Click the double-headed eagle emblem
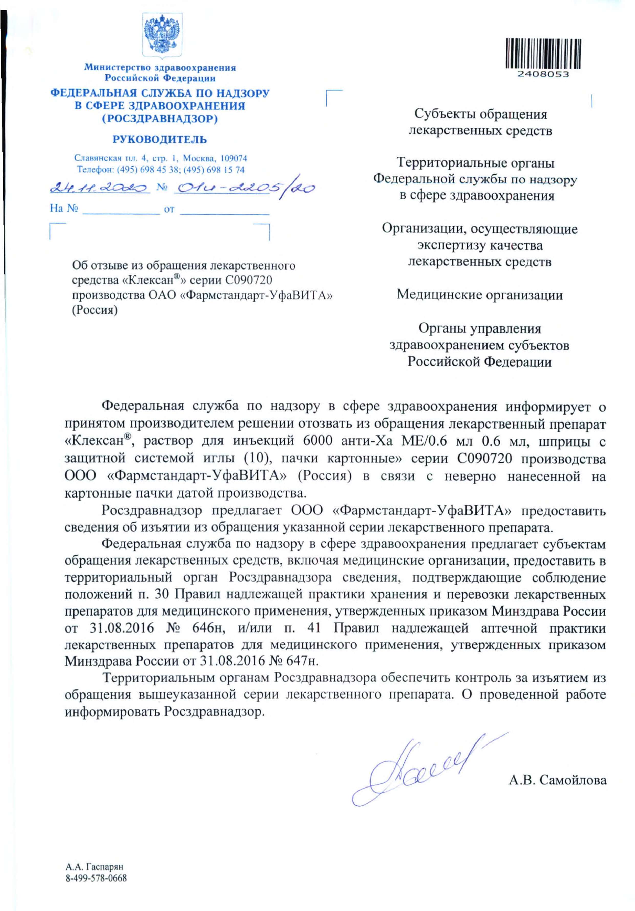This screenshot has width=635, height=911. (162, 36)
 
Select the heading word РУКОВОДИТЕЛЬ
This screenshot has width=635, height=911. (160, 140)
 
